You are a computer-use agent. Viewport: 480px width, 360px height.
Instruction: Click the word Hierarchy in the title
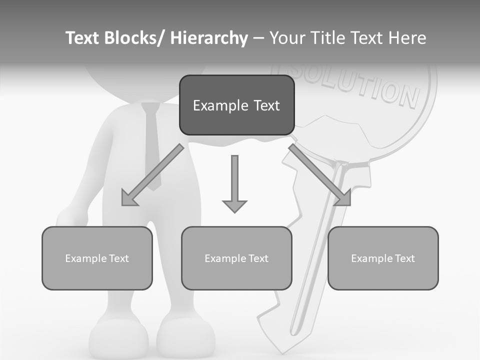(x=209, y=38)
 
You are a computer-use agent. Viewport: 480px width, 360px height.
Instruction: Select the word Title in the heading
(x=327, y=38)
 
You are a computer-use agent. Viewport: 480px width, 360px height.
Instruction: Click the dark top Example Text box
(x=236, y=105)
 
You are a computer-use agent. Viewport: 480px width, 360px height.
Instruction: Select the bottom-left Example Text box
(x=97, y=258)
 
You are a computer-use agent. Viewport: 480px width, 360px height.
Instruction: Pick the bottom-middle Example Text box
(x=236, y=258)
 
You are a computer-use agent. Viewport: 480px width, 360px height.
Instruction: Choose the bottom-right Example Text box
(x=383, y=258)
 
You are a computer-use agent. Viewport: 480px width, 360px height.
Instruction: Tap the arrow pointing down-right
(x=320, y=176)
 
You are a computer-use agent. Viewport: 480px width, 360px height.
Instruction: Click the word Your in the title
(x=288, y=38)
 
